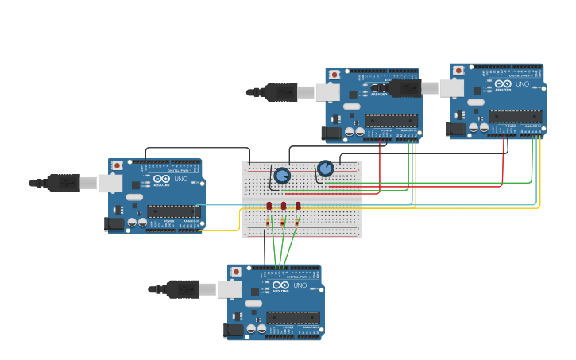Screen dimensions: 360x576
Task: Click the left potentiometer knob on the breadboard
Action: [282, 176]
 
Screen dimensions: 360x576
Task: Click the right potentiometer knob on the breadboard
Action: [326, 168]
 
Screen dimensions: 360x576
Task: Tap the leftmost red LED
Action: [269, 206]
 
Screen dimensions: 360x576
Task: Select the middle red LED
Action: [284, 206]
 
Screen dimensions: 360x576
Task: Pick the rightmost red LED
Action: [298, 206]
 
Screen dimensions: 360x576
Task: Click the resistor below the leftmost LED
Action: [269, 223]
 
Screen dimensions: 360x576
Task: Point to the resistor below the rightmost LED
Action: [297, 223]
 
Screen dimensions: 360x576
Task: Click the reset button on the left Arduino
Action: [118, 165]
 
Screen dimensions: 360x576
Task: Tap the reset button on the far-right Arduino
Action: [458, 71]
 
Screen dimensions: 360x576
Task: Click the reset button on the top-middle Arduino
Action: [334, 75]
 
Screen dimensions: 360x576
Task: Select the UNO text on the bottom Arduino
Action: [300, 285]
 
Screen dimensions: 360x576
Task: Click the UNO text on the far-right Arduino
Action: [522, 84]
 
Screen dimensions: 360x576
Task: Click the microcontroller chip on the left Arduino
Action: [172, 211]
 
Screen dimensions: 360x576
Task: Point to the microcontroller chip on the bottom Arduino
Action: [292, 317]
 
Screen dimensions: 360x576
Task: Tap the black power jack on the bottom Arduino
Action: [234, 330]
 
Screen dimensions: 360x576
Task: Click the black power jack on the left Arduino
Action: [115, 224]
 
